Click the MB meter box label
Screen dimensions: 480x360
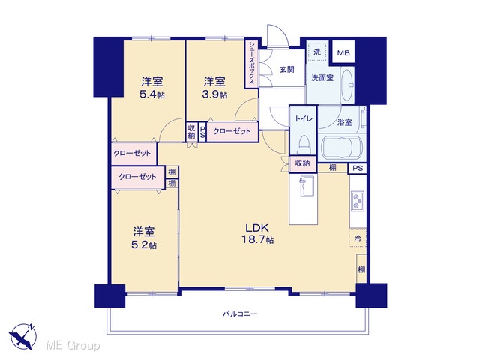coord(343,53)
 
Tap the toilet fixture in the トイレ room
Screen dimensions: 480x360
coord(304,145)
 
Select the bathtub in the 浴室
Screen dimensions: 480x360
coord(342,148)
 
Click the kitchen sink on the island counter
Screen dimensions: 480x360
coord(307,187)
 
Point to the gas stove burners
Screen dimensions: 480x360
coord(358,202)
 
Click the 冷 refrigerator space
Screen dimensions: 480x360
coord(358,238)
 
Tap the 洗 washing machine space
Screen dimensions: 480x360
coord(317,52)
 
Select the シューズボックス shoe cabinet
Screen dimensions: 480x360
coord(252,64)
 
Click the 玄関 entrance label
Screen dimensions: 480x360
coord(286,70)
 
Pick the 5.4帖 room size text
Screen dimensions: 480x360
coord(152,94)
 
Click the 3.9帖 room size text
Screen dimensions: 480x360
coord(214,94)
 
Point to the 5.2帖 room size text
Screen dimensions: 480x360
coord(144,245)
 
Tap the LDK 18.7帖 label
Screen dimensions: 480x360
coord(258,233)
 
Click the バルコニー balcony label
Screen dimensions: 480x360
coord(240,313)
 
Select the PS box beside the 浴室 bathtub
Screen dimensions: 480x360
coord(358,168)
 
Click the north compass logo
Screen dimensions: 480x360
coord(22,335)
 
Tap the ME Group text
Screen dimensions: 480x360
coord(73,346)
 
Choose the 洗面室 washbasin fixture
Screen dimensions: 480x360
coord(347,85)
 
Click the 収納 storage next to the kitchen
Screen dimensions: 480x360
coord(302,163)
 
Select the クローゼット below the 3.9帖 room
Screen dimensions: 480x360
coord(232,132)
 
